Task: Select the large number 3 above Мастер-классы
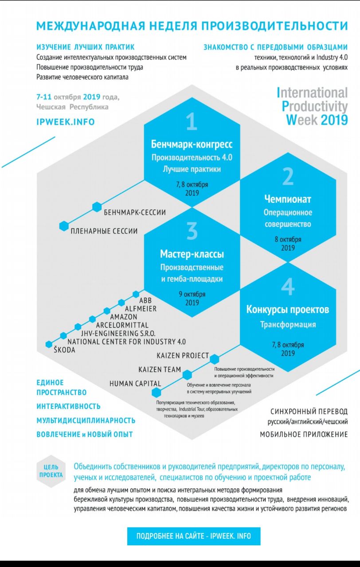click(x=192, y=231)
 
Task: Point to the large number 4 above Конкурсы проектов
click(x=288, y=287)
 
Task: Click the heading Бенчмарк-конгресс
click(x=192, y=144)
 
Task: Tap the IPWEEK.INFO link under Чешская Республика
click(x=66, y=122)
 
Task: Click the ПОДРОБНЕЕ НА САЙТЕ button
click(x=193, y=536)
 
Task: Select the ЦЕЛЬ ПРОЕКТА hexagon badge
click(x=51, y=471)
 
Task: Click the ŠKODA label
click(x=64, y=350)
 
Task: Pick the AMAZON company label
click(x=127, y=317)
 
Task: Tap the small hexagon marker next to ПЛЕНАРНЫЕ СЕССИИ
click(x=64, y=226)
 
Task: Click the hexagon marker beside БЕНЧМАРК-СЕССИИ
click(x=97, y=207)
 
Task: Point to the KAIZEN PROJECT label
click(x=183, y=355)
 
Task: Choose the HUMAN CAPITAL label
click(x=135, y=384)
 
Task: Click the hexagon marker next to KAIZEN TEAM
click(x=188, y=375)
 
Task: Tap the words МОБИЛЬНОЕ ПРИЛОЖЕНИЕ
click(x=304, y=435)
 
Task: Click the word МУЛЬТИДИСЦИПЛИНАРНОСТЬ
click(x=86, y=420)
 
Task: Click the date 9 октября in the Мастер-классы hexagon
click(x=192, y=294)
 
